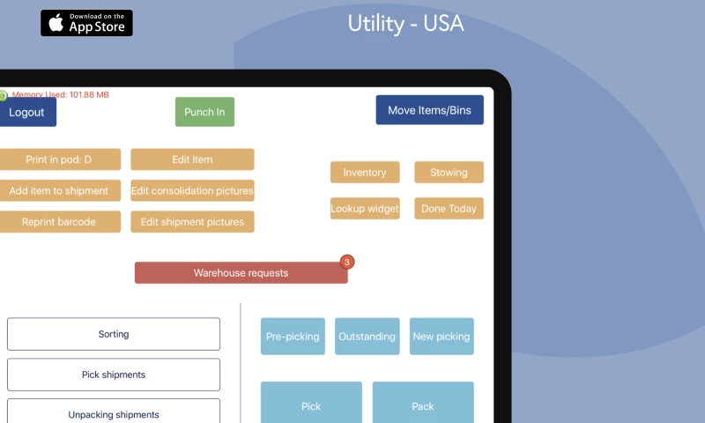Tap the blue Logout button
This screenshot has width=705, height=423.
[x=27, y=112]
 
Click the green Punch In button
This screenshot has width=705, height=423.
[x=204, y=112]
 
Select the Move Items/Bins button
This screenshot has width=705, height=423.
[x=429, y=110]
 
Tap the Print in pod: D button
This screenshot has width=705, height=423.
[x=60, y=160]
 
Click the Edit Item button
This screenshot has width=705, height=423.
[x=192, y=160]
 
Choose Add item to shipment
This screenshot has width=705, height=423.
[x=60, y=190]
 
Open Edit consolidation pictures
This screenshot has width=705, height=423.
[x=192, y=190]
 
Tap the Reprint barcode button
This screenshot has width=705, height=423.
[x=60, y=221]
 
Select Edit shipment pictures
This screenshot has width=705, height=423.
[x=192, y=221]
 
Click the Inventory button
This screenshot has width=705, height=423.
[x=365, y=173]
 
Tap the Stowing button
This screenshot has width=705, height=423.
[x=449, y=173]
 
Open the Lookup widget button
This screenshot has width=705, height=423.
[x=365, y=209]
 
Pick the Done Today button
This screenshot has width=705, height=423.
[x=449, y=209]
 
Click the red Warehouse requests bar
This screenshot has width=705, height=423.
[x=241, y=273]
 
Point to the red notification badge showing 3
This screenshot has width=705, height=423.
[x=347, y=262]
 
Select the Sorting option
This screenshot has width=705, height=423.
[x=114, y=334]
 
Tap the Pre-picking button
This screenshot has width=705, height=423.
[x=293, y=337]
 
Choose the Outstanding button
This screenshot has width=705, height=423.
[x=367, y=337]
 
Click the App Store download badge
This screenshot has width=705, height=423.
[x=86, y=23]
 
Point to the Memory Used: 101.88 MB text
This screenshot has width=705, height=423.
[x=60, y=94]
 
